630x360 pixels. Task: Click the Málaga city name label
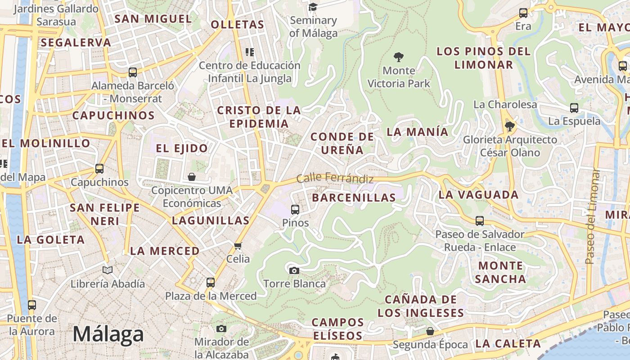pyautogui.click(x=108, y=334)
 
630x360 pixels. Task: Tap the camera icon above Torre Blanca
pyautogui.click(x=294, y=270)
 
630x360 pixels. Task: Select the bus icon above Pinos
pyautogui.click(x=295, y=209)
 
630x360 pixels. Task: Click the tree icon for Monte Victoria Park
pyautogui.click(x=398, y=57)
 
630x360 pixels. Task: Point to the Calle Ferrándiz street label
pyautogui.click(x=335, y=178)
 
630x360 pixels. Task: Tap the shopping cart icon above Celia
pyautogui.click(x=238, y=246)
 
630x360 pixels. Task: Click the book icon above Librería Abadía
pyautogui.click(x=108, y=270)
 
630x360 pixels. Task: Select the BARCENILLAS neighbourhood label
pyautogui.click(x=354, y=198)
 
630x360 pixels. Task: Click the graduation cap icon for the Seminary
pyautogui.click(x=313, y=7)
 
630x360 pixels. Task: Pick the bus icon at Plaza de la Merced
pyautogui.click(x=211, y=283)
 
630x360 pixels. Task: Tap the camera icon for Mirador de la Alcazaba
pyautogui.click(x=221, y=328)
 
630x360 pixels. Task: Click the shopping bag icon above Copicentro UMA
pyautogui.click(x=192, y=176)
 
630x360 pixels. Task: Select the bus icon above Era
pyautogui.click(x=523, y=13)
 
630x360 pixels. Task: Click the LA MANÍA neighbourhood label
pyautogui.click(x=418, y=132)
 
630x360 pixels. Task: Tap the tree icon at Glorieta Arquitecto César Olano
pyautogui.click(x=509, y=126)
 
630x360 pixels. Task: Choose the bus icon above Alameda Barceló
pyautogui.click(x=133, y=72)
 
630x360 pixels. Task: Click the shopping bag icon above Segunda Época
pyautogui.click(x=430, y=331)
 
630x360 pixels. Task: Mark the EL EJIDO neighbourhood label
pyautogui.click(x=182, y=148)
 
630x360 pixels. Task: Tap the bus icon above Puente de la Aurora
pyautogui.click(x=31, y=305)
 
